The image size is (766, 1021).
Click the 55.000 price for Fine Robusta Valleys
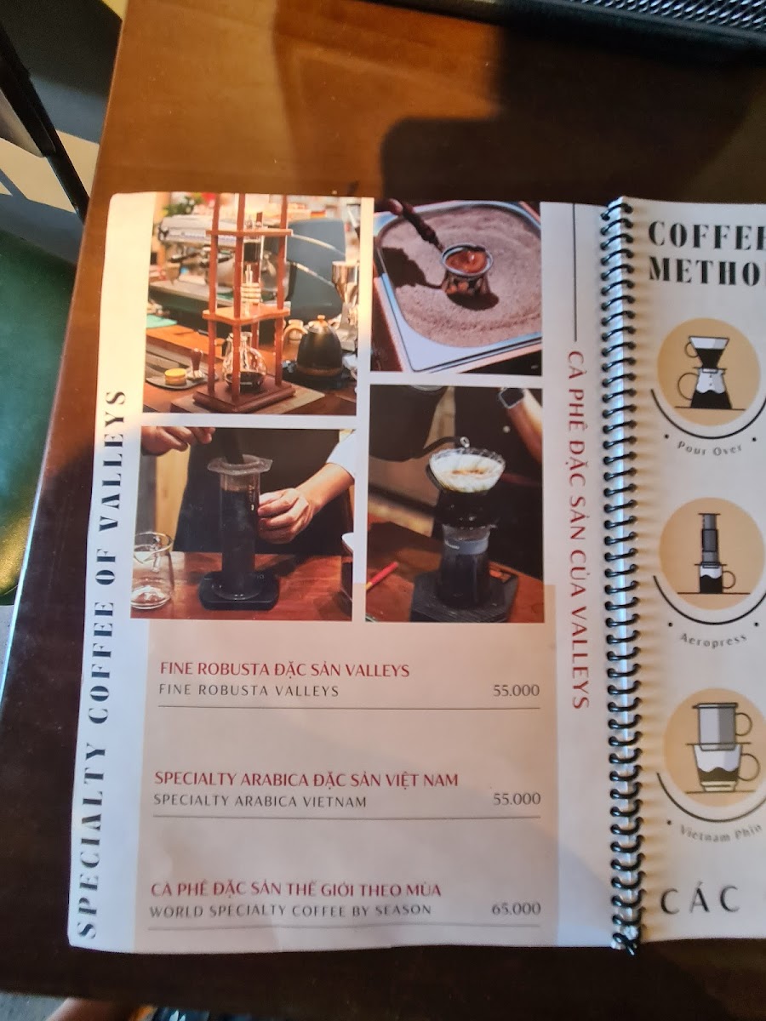[x=516, y=691]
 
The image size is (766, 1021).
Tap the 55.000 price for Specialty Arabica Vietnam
[x=517, y=799]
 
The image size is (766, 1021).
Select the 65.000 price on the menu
[x=516, y=909]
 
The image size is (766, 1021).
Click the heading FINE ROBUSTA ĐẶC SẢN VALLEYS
[x=285, y=670]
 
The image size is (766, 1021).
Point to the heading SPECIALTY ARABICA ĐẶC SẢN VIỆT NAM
[x=306, y=779]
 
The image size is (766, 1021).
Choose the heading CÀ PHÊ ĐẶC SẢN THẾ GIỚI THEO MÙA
[x=296, y=890]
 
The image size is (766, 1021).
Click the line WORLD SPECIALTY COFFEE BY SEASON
[x=289, y=910]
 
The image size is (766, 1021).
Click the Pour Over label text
[x=709, y=446]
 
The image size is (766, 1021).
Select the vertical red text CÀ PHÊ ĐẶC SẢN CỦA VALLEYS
[x=580, y=528]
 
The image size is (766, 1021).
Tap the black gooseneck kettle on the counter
[x=319, y=345]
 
